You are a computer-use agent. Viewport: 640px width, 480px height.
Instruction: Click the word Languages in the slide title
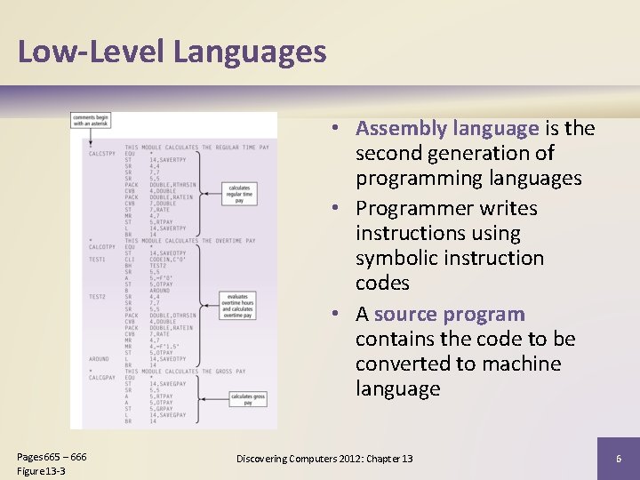coord(250,52)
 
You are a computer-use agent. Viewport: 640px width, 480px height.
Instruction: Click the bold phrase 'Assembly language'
coord(447,128)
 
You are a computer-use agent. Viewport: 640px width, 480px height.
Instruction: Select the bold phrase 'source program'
coord(450,314)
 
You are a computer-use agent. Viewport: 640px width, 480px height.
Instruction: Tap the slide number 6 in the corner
coord(618,459)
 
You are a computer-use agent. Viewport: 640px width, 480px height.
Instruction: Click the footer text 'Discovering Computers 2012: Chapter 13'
coord(324,459)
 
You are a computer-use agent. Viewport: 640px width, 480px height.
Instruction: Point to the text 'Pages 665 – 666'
coord(52,456)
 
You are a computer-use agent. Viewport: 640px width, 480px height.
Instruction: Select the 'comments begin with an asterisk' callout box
coord(92,120)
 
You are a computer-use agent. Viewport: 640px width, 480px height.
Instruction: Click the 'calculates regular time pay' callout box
coord(239,194)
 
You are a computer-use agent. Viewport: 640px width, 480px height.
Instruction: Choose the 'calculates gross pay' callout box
coord(247,399)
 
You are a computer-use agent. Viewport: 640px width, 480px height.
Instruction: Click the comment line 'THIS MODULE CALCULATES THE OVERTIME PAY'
coord(189,241)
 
